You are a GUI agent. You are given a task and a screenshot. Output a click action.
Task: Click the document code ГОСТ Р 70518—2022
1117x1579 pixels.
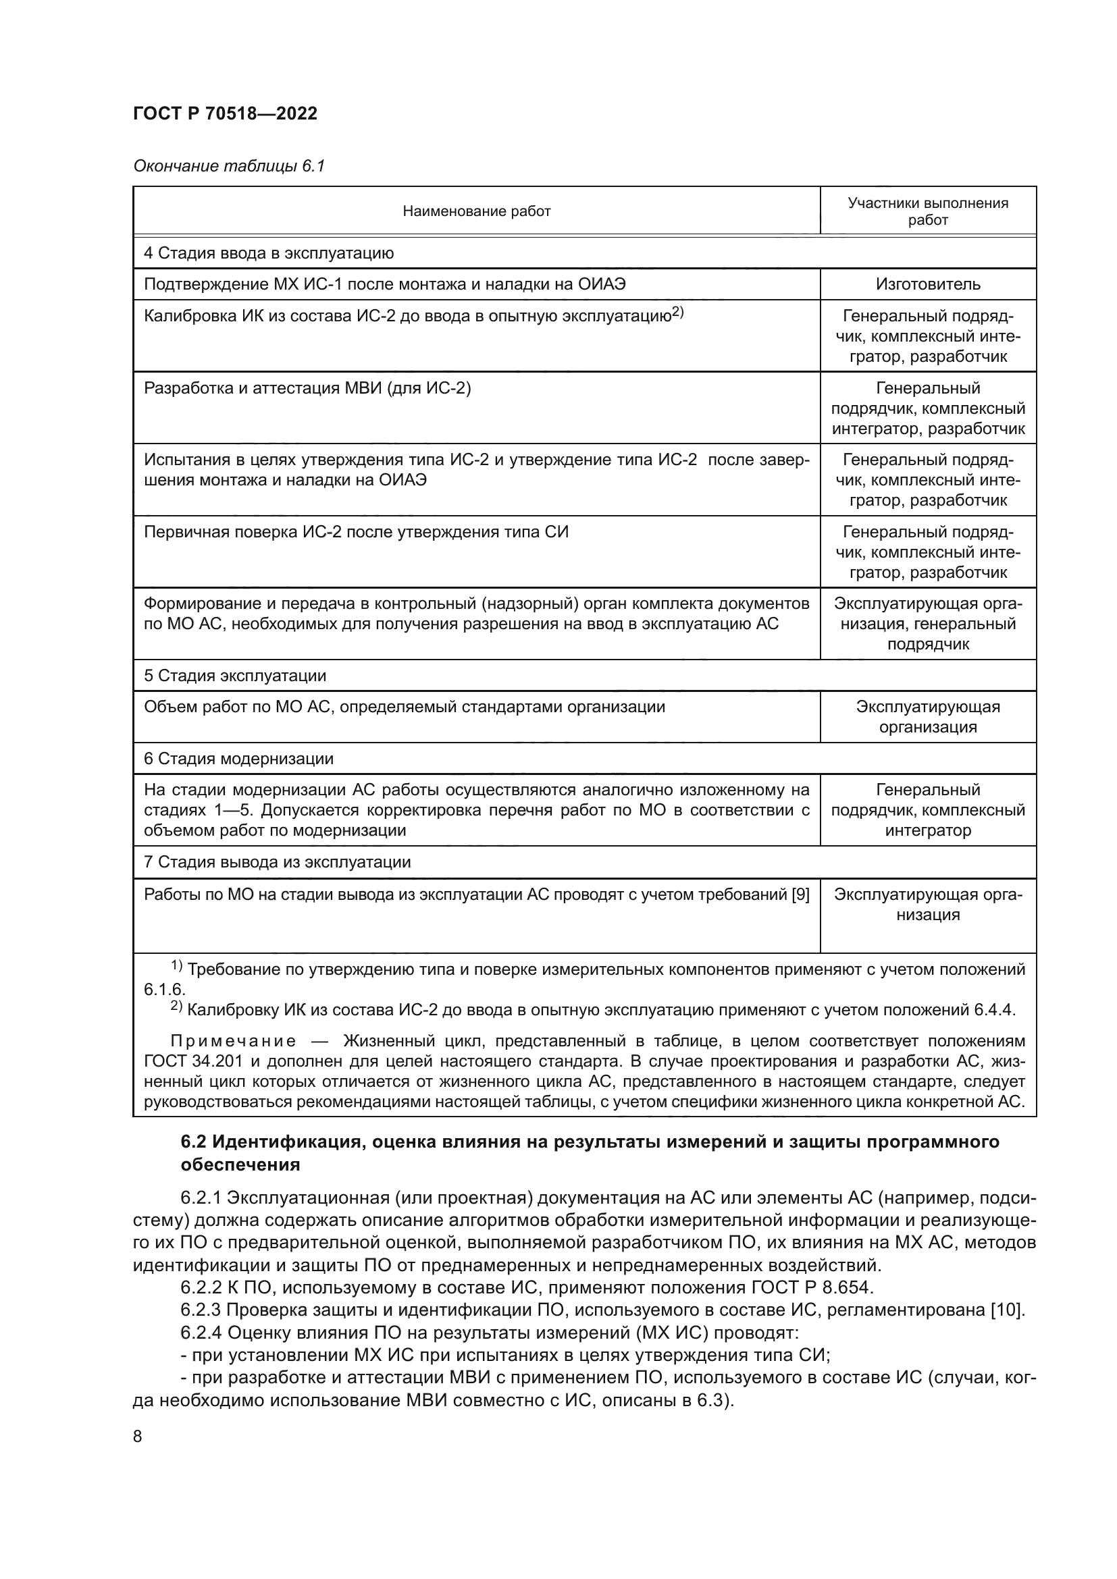pos(225,113)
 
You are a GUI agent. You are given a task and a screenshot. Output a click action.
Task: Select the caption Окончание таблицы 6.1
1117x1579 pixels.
pos(228,166)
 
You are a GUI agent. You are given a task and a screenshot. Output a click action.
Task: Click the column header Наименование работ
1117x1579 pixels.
pos(476,211)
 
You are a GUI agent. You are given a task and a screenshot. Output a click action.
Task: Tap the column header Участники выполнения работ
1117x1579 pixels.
pos(927,211)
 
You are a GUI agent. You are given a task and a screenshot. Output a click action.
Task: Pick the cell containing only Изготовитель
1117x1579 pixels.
pos(927,284)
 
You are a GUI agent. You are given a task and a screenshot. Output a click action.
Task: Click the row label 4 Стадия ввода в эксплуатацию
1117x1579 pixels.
pos(268,253)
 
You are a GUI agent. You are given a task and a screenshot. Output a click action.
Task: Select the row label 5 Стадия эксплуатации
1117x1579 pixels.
pos(234,675)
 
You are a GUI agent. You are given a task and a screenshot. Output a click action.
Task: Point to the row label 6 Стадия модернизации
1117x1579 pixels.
pos(238,759)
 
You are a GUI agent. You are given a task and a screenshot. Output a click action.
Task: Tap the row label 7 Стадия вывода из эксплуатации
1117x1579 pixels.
pos(276,861)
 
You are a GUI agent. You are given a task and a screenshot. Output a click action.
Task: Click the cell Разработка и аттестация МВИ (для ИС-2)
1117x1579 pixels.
pos(307,389)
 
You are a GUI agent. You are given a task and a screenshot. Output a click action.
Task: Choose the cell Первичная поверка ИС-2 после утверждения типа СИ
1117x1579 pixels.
pos(356,532)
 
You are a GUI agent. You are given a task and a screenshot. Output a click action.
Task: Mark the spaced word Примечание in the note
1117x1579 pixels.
pos(233,1040)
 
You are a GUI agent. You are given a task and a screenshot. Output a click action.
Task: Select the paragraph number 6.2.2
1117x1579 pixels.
pos(200,1287)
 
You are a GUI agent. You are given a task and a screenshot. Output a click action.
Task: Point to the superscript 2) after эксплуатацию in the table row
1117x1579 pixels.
pos(677,313)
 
